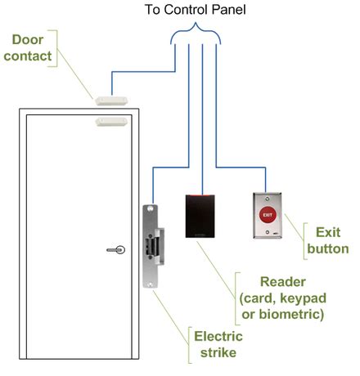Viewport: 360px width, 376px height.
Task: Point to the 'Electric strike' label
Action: tap(216, 342)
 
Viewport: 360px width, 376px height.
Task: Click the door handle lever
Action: tap(119, 250)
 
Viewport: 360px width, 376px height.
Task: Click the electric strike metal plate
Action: tap(150, 245)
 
